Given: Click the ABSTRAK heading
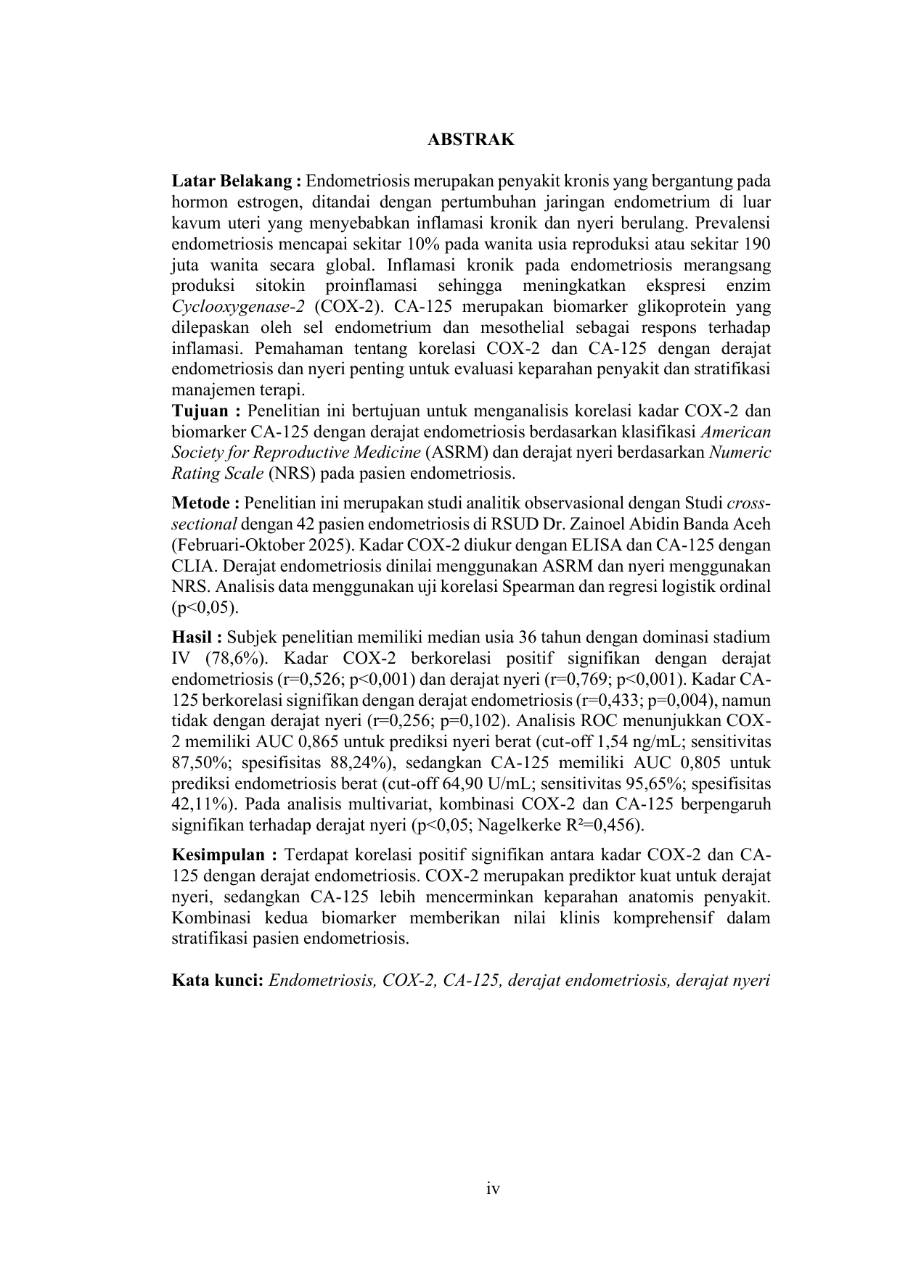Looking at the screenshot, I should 470,140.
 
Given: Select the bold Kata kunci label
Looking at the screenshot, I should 217,981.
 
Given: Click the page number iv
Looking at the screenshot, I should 494,1188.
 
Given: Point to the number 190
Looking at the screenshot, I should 756,243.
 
